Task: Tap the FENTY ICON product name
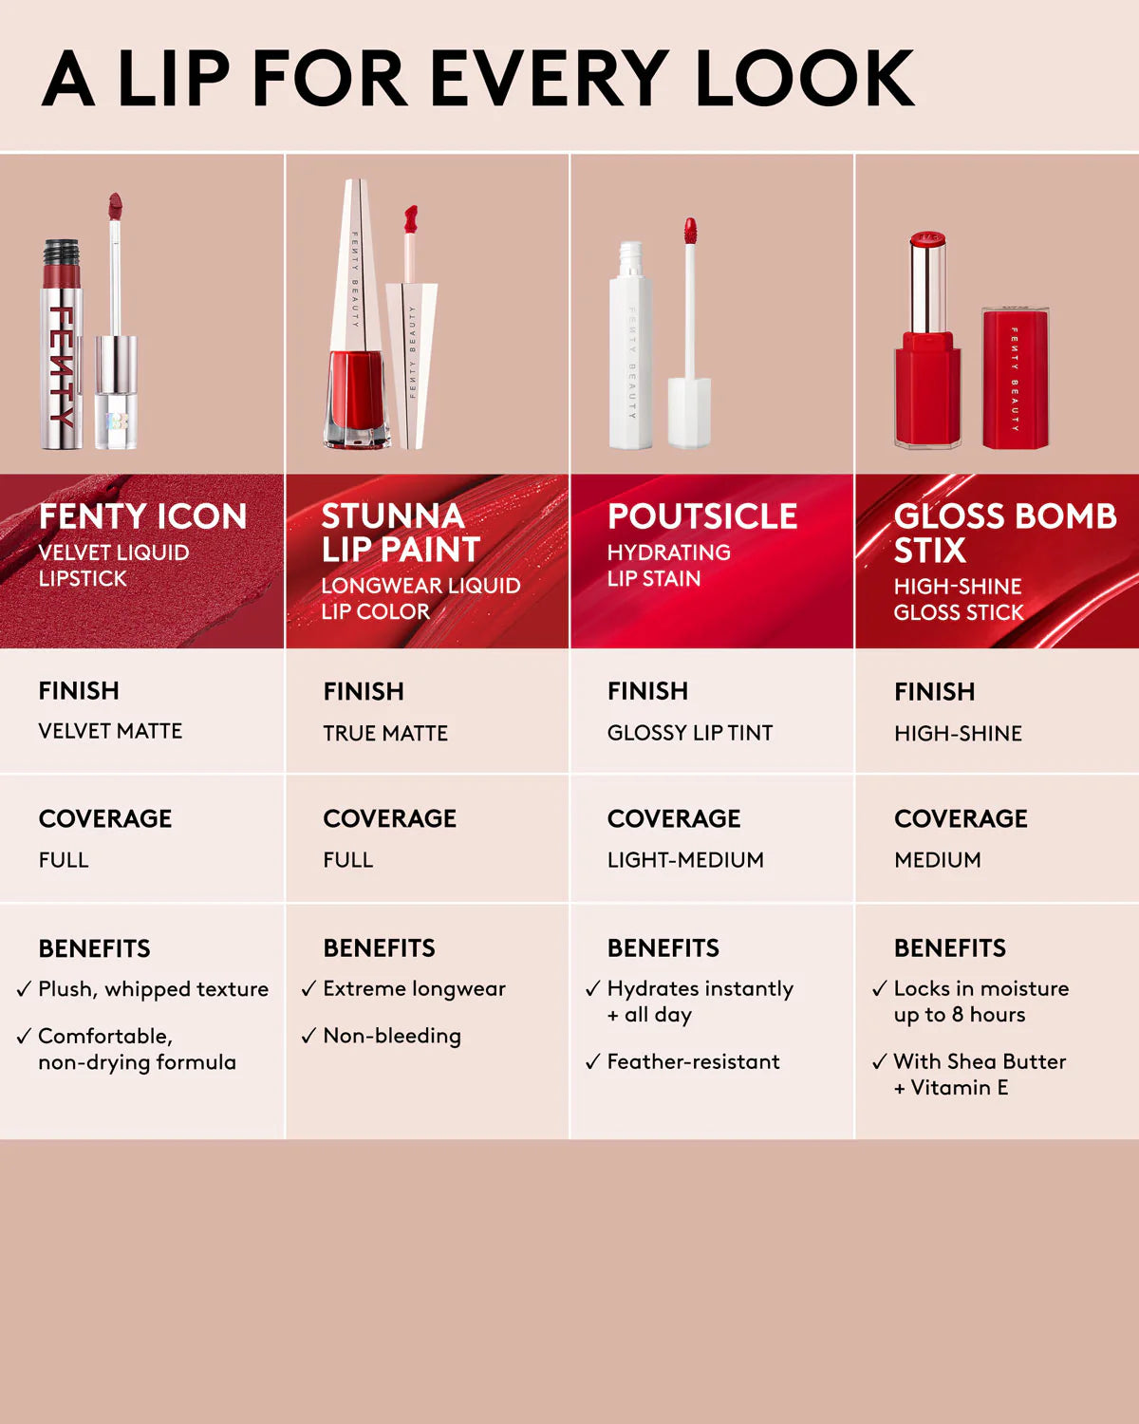coord(142,516)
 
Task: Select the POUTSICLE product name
coord(702,516)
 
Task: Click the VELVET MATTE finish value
coord(110,731)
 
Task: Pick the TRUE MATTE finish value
coord(385,733)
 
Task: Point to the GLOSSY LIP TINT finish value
coord(690,733)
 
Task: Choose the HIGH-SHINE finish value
coord(958,733)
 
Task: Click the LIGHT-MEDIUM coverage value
coord(685,860)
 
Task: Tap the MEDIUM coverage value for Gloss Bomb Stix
coord(938,860)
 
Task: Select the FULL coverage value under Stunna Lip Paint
coord(348,860)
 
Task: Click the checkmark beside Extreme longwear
coord(308,989)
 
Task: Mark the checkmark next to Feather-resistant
coord(593,1061)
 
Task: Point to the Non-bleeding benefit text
coord(392,1036)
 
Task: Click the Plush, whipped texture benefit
coord(153,989)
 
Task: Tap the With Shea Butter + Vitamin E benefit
coord(980,1074)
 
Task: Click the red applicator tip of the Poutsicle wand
coord(690,231)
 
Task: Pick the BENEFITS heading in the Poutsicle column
coord(663,947)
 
